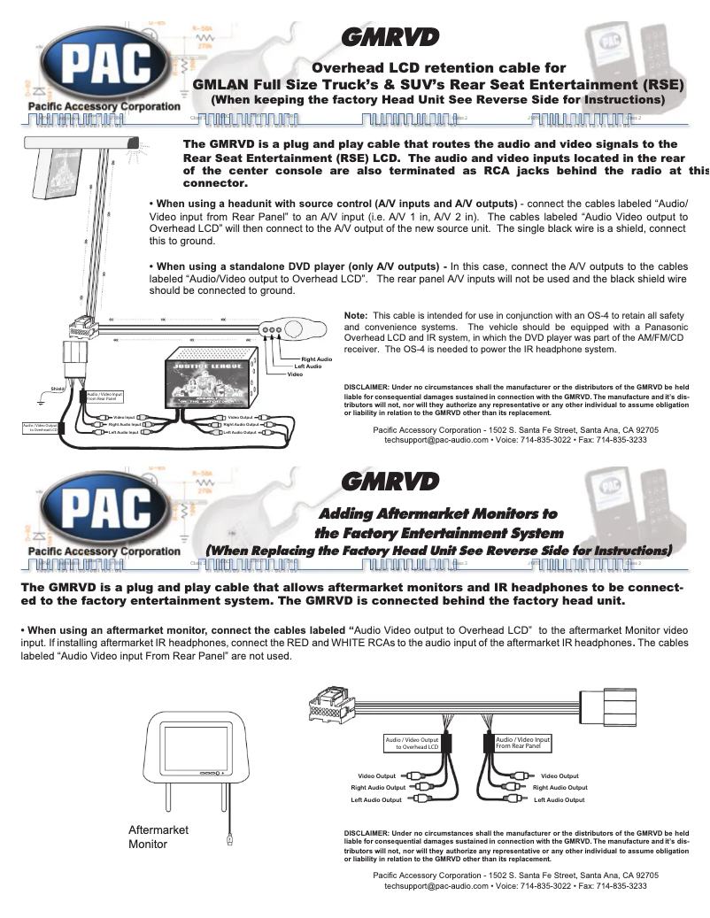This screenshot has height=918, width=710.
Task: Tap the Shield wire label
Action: pos(58,388)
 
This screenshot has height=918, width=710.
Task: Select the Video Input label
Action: pos(124,417)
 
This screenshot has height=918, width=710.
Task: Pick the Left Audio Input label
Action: pos(123,433)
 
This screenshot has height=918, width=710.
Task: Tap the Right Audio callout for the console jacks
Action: pos(317,359)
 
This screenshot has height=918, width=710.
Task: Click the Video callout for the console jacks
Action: pos(295,374)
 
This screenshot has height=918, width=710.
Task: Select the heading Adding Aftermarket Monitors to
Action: pos(437,513)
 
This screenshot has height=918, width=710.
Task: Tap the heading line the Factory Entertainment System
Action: pos(439,532)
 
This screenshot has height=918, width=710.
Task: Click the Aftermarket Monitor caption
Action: pos(158,837)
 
